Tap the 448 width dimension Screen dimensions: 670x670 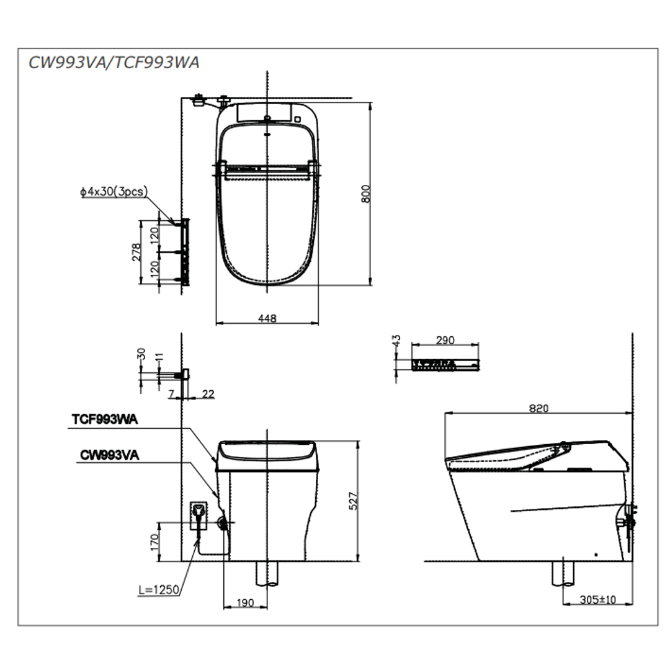(267, 318)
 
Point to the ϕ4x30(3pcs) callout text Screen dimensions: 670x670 (114, 192)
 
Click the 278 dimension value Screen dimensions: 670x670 (137, 252)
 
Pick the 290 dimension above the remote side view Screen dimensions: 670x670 (445, 340)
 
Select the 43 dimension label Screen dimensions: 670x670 (398, 340)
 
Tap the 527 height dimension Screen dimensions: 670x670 (354, 502)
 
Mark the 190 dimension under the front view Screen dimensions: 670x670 (245, 602)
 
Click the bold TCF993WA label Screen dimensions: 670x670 (105, 419)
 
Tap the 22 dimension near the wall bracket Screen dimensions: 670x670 (208, 394)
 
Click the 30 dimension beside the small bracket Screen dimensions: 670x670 (141, 354)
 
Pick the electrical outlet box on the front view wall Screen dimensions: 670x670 (199, 514)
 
